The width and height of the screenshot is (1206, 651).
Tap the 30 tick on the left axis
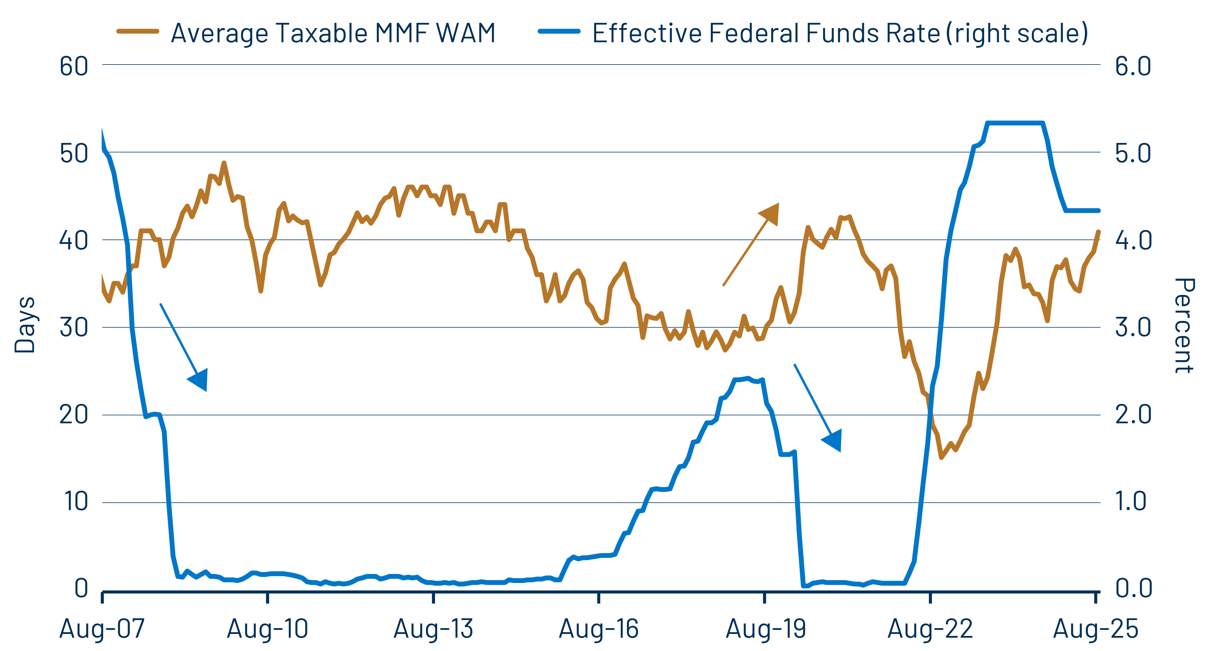coord(74,327)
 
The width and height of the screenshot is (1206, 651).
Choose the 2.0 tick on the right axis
coord(1133,414)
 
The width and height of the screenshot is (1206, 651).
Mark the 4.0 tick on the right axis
coord(1133,240)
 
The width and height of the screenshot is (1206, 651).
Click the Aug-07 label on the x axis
coord(102,628)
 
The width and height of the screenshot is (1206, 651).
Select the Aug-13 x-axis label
coord(434,628)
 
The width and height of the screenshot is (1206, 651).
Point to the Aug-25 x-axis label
coord(1095,628)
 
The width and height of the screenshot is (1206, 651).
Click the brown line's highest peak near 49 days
coord(224,163)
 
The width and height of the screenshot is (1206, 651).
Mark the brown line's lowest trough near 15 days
coord(941,457)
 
